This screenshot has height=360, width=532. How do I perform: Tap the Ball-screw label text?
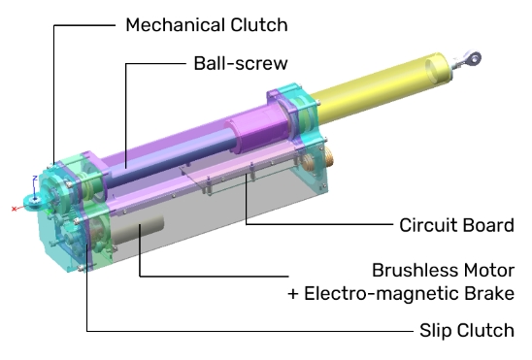241,63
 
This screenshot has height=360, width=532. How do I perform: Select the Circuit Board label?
456,225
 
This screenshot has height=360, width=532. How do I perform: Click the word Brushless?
415,270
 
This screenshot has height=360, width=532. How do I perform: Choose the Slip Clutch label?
467,330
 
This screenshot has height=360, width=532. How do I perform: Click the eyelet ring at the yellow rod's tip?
474,58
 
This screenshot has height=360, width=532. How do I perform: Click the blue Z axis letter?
35,179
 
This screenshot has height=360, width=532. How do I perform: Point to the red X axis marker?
14,209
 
